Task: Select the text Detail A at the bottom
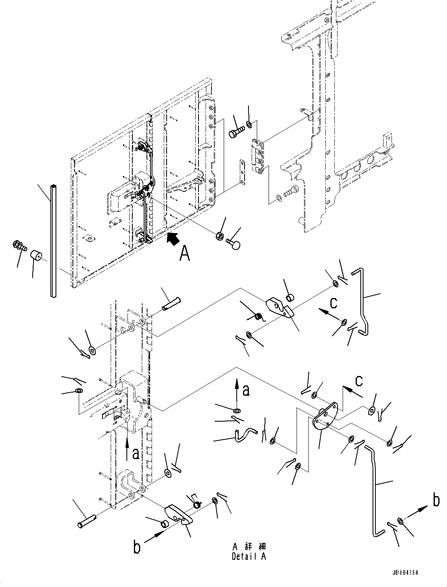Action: coord(249,556)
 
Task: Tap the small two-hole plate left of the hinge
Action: coord(241,172)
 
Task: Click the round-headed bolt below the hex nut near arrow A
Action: coord(236,245)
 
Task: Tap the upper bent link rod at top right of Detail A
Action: coord(363,299)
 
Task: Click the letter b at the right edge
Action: coord(436,501)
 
